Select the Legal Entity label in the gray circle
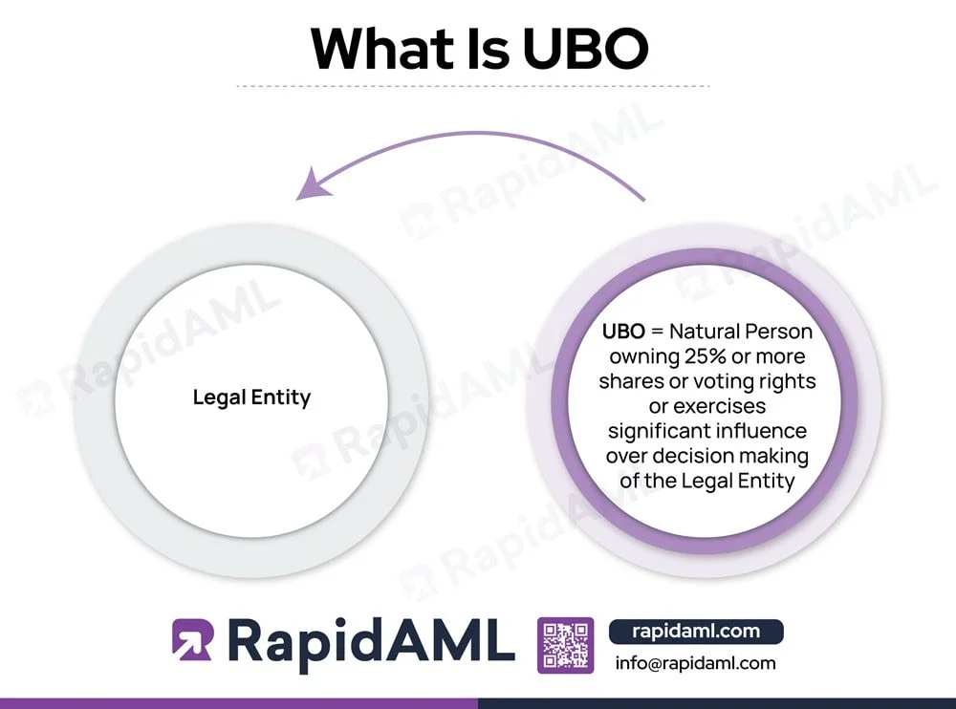pyautogui.click(x=251, y=397)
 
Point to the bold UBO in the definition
pyautogui.click(x=623, y=333)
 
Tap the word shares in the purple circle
pyautogui.click(x=631, y=381)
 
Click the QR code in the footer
pyautogui.click(x=566, y=646)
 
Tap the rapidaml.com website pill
pyautogui.click(x=696, y=631)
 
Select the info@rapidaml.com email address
pyautogui.click(x=695, y=663)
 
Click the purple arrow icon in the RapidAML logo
pyautogui.click(x=193, y=640)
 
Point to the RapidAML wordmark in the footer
pyautogui.click(x=368, y=642)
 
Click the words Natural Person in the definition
pyautogui.click(x=741, y=333)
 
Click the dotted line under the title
pyautogui.click(x=473, y=86)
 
